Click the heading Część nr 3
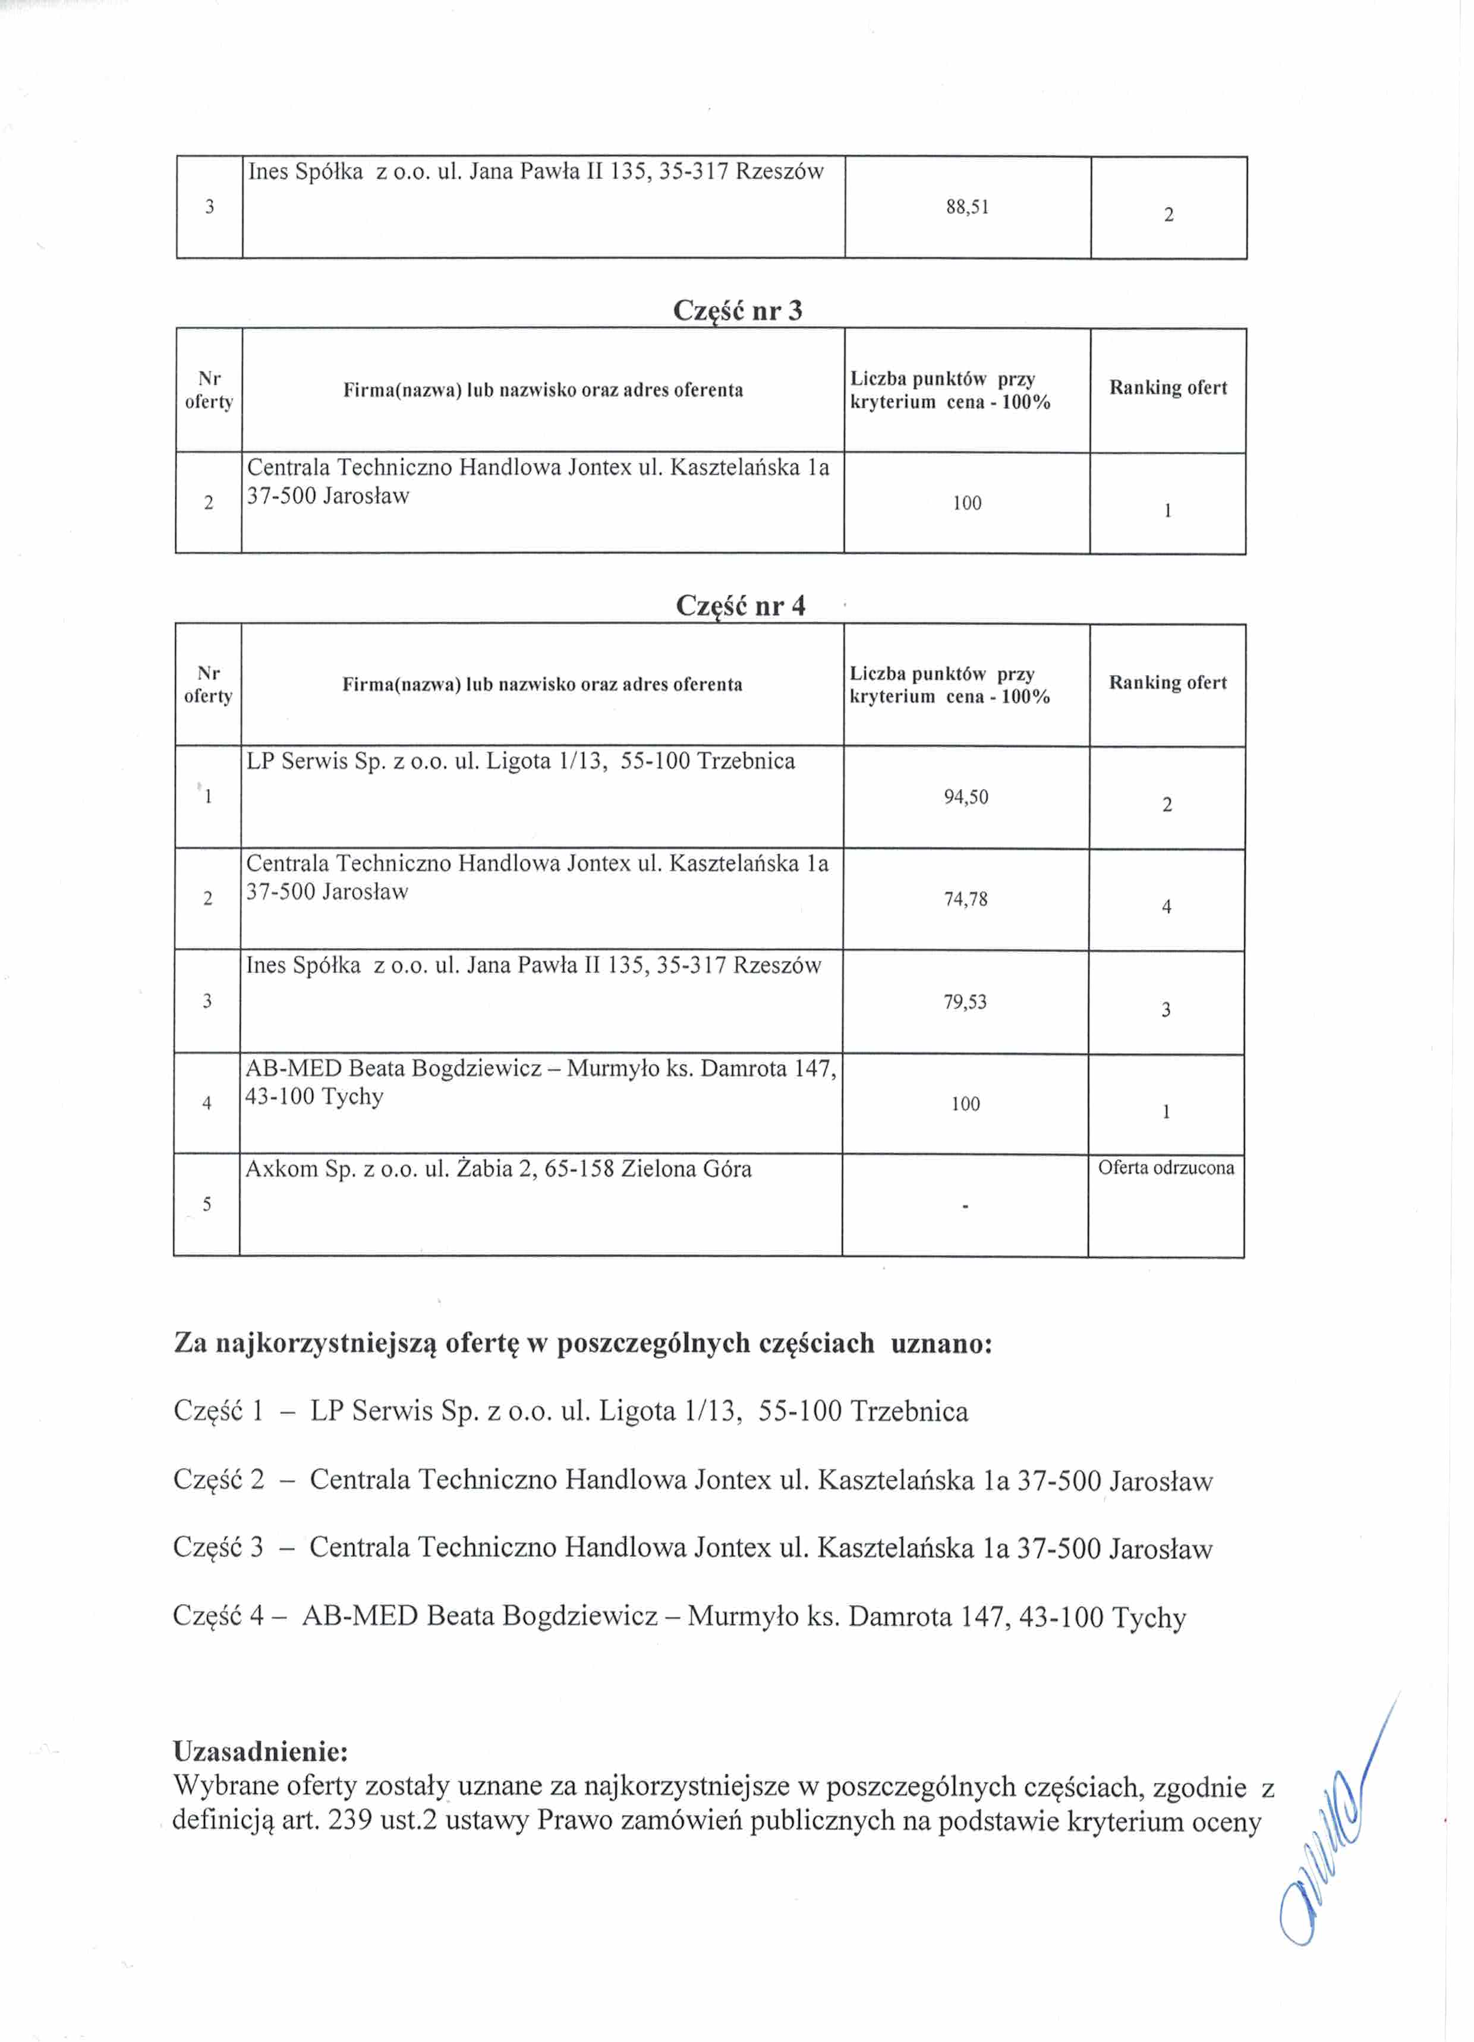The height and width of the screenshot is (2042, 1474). tap(738, 311)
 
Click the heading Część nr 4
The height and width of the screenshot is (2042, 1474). tap(740, 606)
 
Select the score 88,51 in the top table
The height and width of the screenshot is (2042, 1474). tap(967, 207)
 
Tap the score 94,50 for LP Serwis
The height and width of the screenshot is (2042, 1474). tap(965, 797)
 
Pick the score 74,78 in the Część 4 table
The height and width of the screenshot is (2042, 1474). tap(965, 899)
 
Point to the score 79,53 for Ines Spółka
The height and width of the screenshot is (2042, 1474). tap(965, 1002)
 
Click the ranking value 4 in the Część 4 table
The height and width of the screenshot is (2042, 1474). tap(1166, 907)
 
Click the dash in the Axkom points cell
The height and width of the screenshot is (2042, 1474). tap(965, 1206)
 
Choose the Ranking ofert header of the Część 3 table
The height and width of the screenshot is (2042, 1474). tap(1168, 388)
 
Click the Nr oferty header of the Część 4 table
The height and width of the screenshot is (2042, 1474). tap(208, 684)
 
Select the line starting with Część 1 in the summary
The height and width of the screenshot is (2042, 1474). tap(570, 1411)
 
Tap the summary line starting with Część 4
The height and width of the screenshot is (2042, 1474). tap(679, 1617)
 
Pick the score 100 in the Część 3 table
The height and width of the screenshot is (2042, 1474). tap(966, 503)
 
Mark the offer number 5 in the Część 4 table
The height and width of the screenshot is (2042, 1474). tap(207, 1205)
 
